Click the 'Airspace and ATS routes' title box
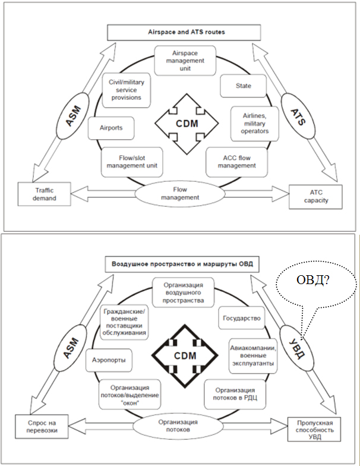184,32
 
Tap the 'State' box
242,86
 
